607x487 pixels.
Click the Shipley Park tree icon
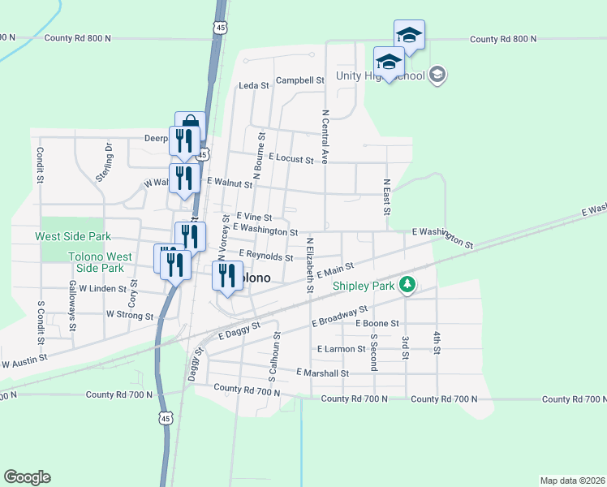coord(407,285)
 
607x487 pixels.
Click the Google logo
coord(27,476)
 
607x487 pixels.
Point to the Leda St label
coord(253,85)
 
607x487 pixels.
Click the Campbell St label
coord(299,80)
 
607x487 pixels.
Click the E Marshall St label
coord(322,373)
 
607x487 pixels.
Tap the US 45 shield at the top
coord(222,27)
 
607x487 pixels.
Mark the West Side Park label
coord(72,236)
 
